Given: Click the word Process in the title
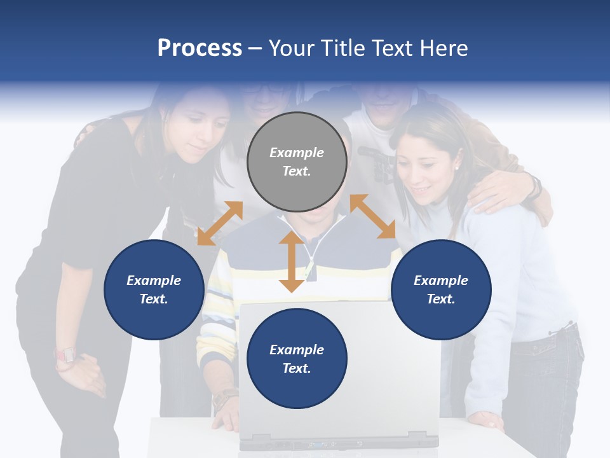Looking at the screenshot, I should (x=200, y=48).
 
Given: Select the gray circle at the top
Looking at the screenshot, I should (x=297, y=162).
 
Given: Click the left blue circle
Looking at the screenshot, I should (x=154, y=289).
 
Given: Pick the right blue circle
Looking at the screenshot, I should (x=441, y=289).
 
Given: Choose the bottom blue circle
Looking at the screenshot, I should (x=297, y=359).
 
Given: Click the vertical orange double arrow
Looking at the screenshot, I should (x=292, y=261).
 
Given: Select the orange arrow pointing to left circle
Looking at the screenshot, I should (x=220, y=223).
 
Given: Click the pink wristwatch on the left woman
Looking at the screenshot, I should (x=65, y=355).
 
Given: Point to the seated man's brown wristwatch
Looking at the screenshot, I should (x=224, y=400).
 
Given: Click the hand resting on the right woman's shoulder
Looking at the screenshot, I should (x=502, y=191).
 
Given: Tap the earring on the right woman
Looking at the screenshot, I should (x=456, y=167).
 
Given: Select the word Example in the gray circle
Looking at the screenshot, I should (x=297, y=153).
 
